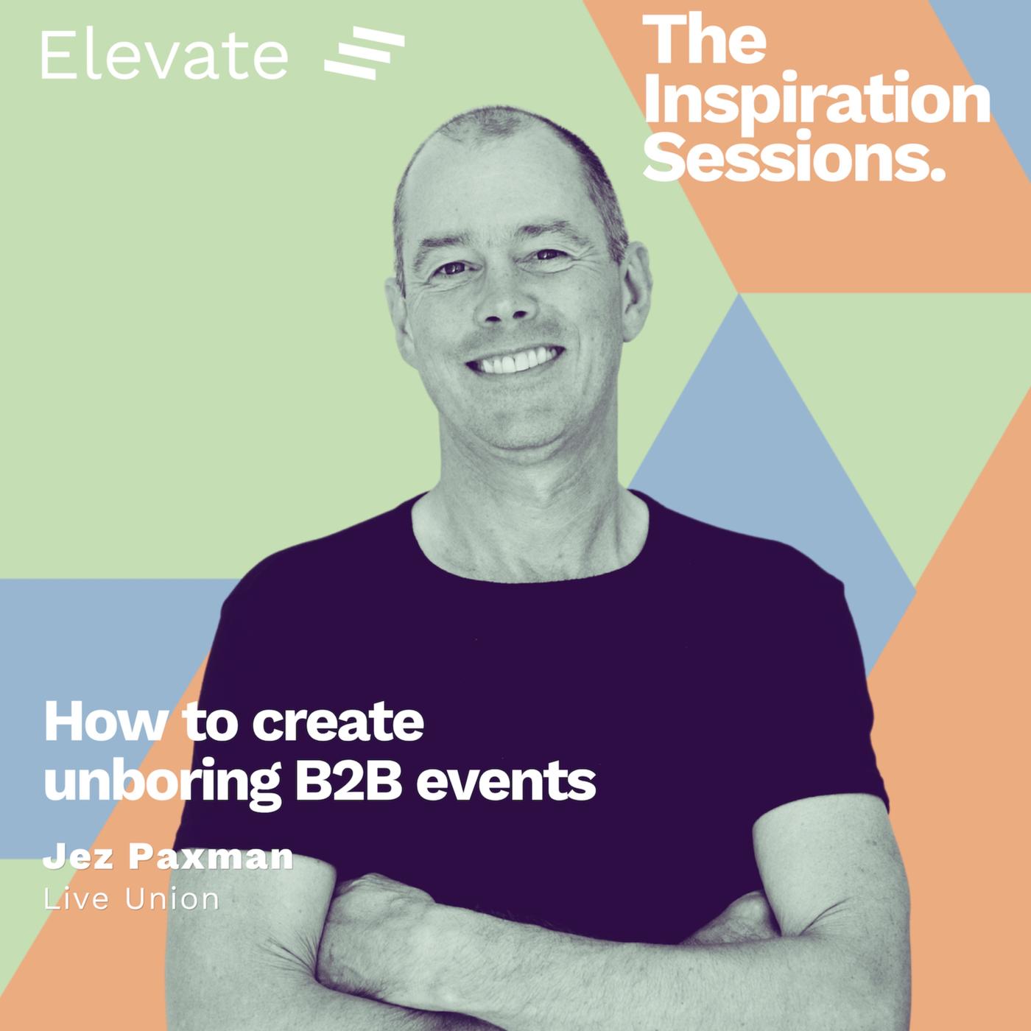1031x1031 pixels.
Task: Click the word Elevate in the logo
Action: [165, 56]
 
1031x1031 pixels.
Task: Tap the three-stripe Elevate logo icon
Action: [365, 53]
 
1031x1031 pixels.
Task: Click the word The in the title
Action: [705, 40]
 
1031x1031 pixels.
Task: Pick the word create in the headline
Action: [337, 723]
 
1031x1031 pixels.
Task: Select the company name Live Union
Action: [131, 899]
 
